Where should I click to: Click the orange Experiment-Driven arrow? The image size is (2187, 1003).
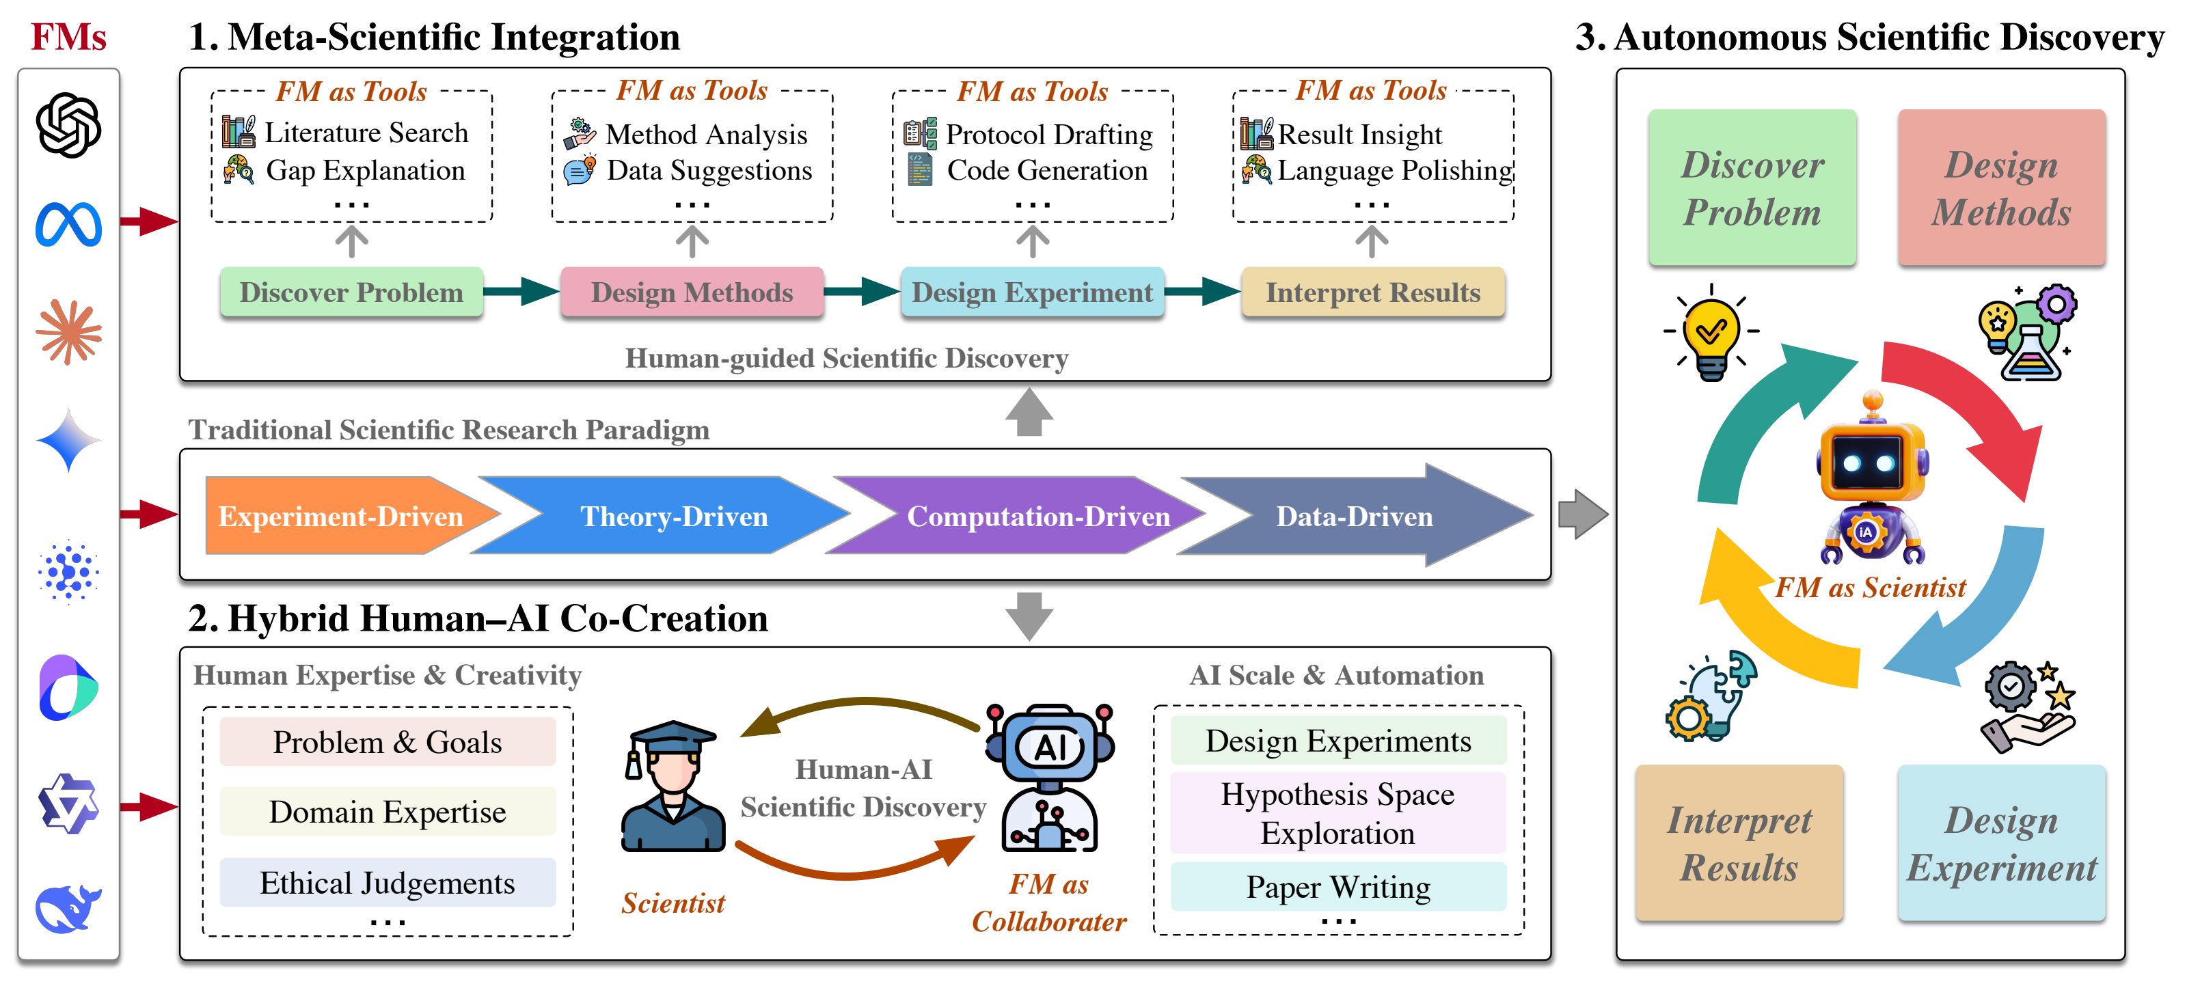coord(340,516)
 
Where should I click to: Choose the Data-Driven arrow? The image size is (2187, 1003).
coord(1354,516)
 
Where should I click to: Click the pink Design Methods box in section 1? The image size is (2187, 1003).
coord(691,292)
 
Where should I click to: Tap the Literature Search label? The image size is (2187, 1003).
coord(366,133)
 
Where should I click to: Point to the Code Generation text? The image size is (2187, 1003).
coord(1047,171)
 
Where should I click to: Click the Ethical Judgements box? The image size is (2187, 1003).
coord(387,883)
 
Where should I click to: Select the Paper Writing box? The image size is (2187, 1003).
coord(1338,888)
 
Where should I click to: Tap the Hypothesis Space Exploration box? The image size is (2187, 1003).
coord(1338,814)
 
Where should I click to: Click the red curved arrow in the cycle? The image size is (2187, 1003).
coord(1970,407)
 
